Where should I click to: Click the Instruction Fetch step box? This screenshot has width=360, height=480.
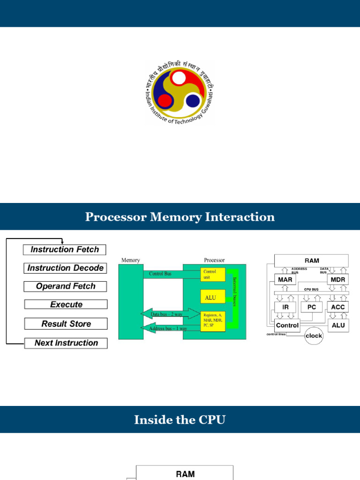pyautogui.click(x=65, y=250)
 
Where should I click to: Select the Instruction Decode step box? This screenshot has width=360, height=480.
pyautogui.click(x=65, y=268)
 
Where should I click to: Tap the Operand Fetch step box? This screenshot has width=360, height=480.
pyautogui.click(x=65, y=286)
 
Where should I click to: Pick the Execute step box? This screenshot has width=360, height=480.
pyautogui.click(x=66, y=305)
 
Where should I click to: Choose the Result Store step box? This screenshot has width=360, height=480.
pyautogui.click(x=66, y=324)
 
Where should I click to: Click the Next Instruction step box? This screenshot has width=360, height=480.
pyautogui.click(x=66, y=343)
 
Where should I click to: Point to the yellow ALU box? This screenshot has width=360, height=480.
pyautogui.click(x=213, y=297)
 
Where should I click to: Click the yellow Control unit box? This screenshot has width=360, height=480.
pyautogui.click(x=213, y=274)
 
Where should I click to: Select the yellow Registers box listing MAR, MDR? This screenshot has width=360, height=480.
pyautogui.click(x=213, y=321)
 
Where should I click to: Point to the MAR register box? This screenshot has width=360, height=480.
pyautogui.click(x=285, y=280)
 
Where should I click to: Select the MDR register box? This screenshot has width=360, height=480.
pyautogui.click(x=337, y=280)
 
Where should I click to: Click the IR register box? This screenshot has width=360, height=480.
pyautogui.click(x=285, y=307)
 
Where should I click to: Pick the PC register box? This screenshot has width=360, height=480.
pyautogui.click(x=312, y=307)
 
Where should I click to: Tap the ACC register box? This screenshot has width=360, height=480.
pyautogui.click(x=337, y=307)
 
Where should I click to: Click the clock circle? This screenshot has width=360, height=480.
pyautogui.click(x=314, y=336)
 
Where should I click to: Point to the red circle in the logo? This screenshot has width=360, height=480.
pyautogui.click(x=165, y=100)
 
